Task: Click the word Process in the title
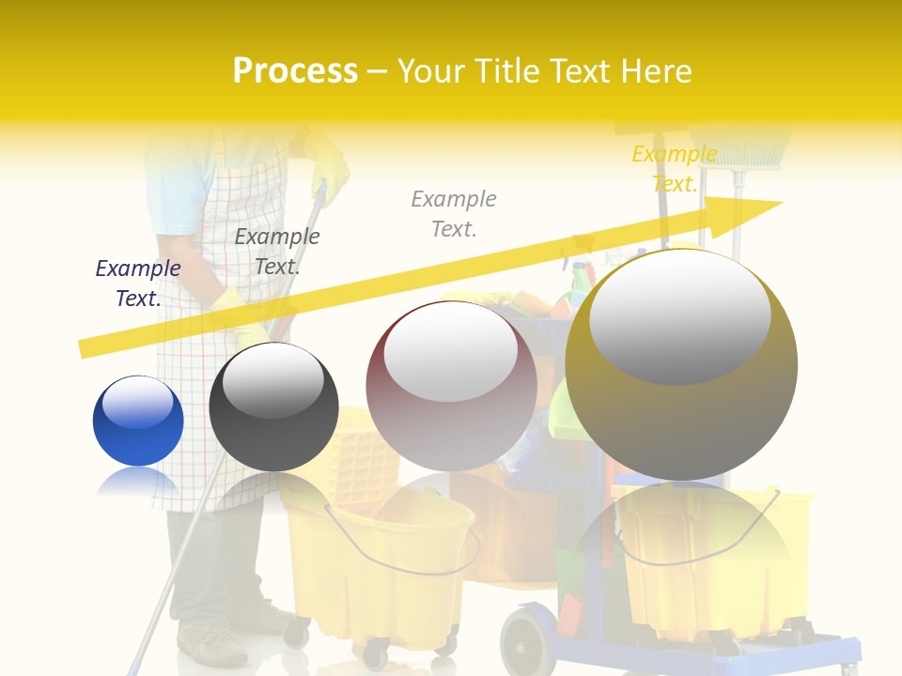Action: pos(295,71)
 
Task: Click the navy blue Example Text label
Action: pos(138,284)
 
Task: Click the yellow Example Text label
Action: pos(674,169)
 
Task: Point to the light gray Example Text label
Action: pos(454,213)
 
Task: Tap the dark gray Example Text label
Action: pos(277,252)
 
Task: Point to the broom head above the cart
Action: pos(747,150)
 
